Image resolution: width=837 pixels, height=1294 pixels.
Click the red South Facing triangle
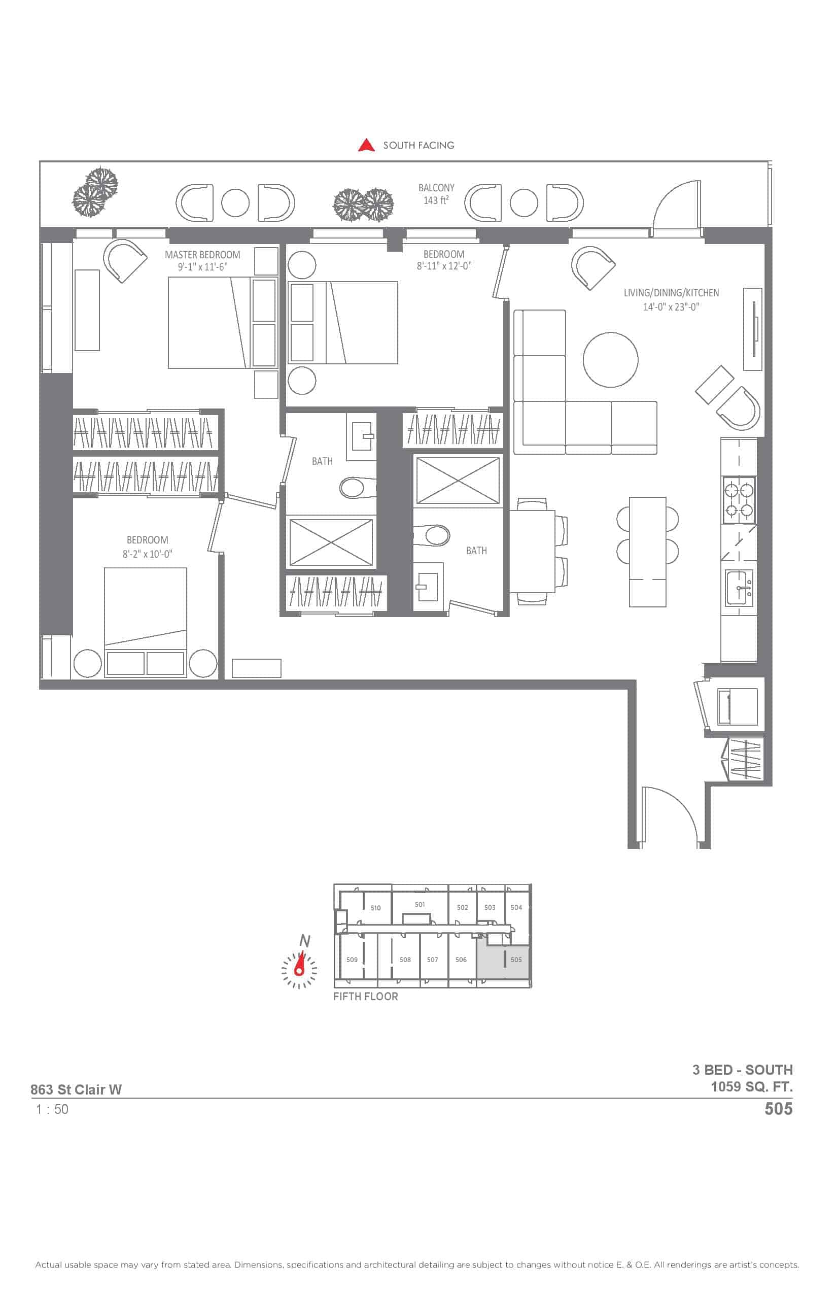(366, 145)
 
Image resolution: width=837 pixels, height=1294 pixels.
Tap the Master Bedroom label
(202, 254)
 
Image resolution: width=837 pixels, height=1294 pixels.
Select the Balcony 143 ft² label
(436, 193)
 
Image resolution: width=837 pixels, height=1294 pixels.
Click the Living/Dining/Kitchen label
(671, 292)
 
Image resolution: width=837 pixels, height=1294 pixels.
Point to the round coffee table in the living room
(610, 359)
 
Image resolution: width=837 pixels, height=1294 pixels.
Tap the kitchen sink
(740, 588)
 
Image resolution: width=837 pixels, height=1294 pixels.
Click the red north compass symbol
(299, 969)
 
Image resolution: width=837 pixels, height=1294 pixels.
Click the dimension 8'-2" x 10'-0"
(147, 554)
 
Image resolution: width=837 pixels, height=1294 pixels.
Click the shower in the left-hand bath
(331, 542)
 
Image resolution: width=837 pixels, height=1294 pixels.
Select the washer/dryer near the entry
(738, 706)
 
